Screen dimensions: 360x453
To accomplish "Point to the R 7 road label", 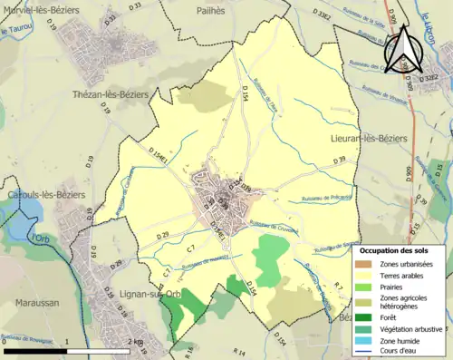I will tap(336, 287).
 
